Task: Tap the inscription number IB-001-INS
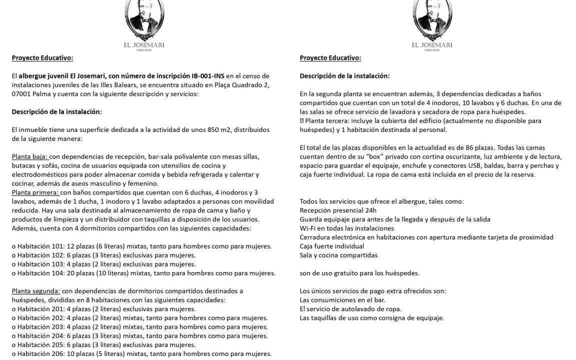(208, 76)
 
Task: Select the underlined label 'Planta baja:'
(29, 156)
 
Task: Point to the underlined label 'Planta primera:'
(35, 192)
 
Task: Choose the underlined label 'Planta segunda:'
(36, 291)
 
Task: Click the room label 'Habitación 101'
(40, 246)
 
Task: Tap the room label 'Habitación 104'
(40, 273)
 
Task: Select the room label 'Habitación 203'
(40, 327)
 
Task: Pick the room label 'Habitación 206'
(40, 354)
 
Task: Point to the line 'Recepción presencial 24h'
(338, 210)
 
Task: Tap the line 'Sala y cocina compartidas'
(338, 255)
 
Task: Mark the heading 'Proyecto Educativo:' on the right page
(330, 58)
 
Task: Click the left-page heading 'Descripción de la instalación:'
(56, 112)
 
